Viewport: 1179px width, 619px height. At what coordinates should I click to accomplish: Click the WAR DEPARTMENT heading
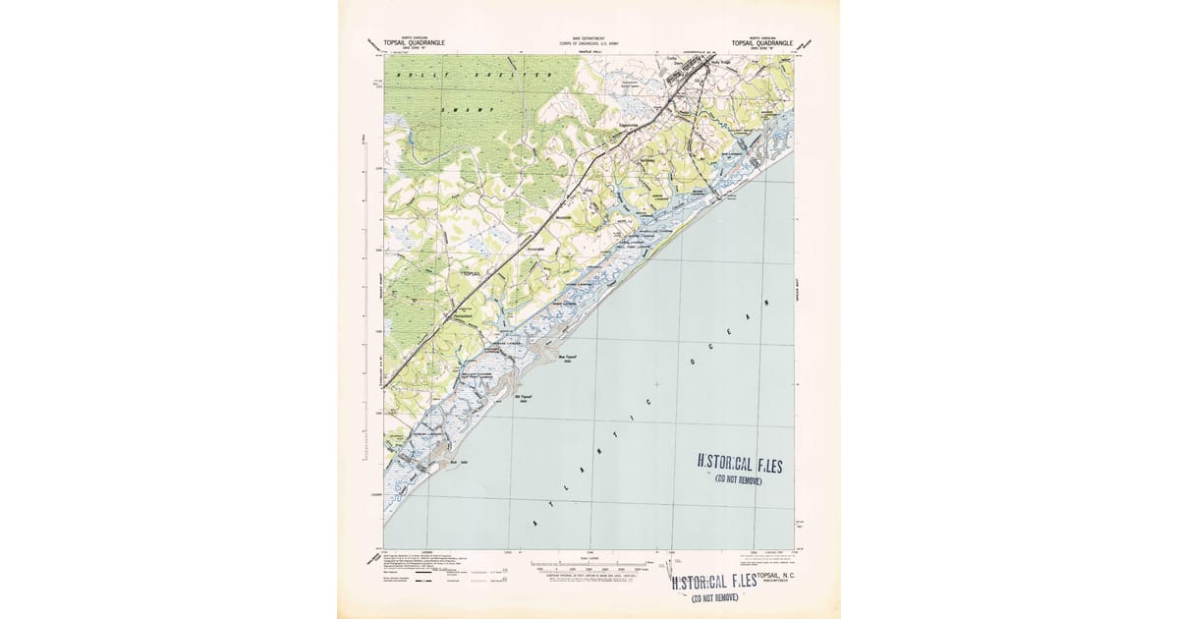pos(589,37)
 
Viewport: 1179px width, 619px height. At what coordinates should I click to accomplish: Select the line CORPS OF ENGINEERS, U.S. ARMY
pos(589,43)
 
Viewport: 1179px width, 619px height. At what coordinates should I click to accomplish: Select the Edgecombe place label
pos(628,125)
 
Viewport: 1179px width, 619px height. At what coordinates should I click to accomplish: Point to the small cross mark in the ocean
pos(656,382)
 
